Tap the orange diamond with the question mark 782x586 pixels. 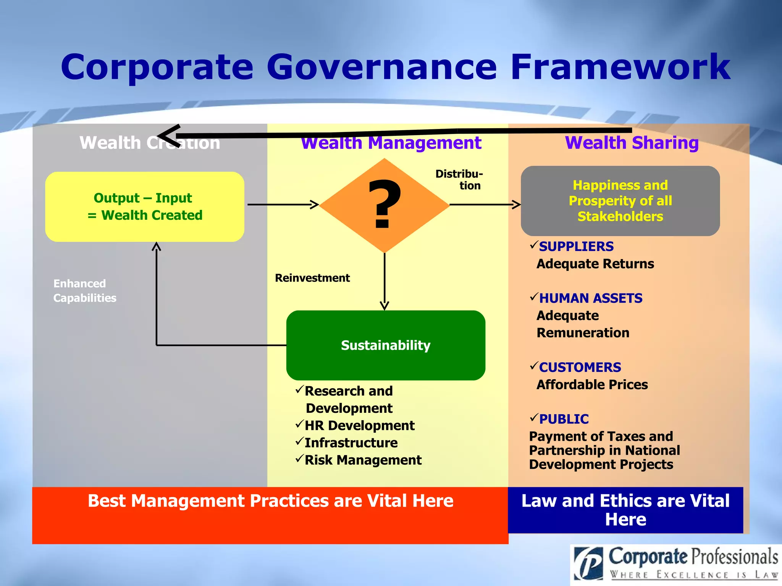pos(385,205)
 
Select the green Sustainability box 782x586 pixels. pos(386,345)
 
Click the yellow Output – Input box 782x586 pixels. pos(144,206)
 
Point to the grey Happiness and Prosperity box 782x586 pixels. pos(620,201)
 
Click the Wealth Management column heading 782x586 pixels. pos(391,143)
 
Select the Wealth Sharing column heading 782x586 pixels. pos(632,143)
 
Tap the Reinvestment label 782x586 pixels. pos(312,278)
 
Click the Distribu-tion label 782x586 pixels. pos(459,180)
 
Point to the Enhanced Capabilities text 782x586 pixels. pos(85,291)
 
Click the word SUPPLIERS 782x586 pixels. pos(576,246)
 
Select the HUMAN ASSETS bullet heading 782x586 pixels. pos(590,298)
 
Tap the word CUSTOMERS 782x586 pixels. pos(580,367)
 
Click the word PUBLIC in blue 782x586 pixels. pos(564,419)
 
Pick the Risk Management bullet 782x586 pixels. pos(363,460)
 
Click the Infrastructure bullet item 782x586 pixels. pos(351,443)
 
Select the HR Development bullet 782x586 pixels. pos(359,425)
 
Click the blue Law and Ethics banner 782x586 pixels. pos(625,510)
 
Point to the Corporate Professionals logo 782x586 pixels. pos(675,564)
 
